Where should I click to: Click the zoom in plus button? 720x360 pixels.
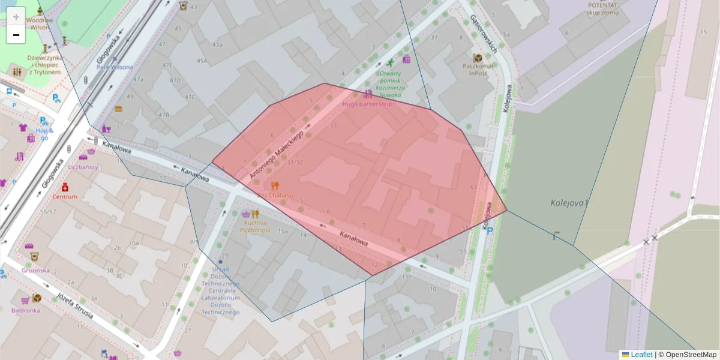(16, 16)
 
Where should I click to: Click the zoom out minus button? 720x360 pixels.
(16, 35)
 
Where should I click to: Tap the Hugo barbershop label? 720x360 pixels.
(367, 104)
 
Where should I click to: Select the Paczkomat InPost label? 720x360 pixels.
(478, 70)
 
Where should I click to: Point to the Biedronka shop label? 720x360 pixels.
(26, 310)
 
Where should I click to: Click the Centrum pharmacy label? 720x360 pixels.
(65, 197)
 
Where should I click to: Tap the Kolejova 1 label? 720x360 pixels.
(569, 203)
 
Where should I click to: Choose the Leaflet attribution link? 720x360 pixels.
(641, 355)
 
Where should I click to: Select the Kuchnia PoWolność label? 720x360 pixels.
(256, 226)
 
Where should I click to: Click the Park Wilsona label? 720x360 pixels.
(115, 67)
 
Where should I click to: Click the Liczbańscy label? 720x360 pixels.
(83, 167)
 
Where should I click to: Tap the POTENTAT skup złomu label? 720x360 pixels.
(602, 8)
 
